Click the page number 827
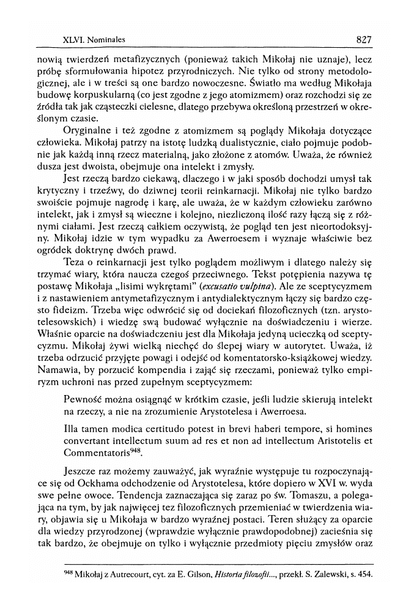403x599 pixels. [363, 40]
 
